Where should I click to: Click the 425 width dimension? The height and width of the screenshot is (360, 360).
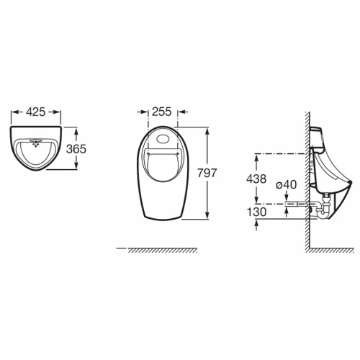point(36,112)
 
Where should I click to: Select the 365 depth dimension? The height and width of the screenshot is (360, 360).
point(76,149)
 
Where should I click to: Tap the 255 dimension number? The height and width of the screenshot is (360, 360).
point(162,112)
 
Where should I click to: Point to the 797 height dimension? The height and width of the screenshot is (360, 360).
point(207,173)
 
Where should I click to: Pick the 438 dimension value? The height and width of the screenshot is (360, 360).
point(256,179)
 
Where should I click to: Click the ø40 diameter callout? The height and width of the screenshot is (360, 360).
point(286,185)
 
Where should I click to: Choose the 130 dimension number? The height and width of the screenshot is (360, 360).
point(256,212)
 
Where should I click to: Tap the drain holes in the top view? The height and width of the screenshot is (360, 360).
point(35,143)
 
